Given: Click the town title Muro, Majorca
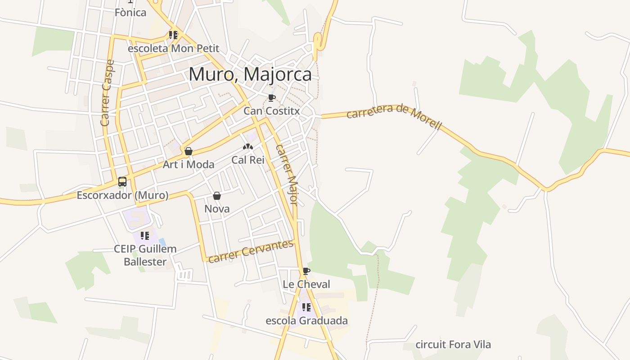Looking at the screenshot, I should click(x=250, y=74).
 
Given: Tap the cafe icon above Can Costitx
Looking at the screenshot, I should click(x=271, y=98).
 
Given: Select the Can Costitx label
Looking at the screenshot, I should click(x=272, y=111).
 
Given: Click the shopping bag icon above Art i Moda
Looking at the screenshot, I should click(x=189, y=151).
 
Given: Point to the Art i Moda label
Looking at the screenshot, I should click(x=189, y=164).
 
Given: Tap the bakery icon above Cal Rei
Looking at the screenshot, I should click(x=248, y=147).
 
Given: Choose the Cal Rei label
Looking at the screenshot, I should click(x=248, y=160).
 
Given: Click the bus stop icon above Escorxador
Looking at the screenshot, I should click(x=122, y=182).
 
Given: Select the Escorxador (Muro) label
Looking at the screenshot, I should click(x=122, y=195).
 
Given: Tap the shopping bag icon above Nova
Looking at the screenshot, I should click(x=217, y=196).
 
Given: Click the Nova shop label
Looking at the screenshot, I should click(x=217, y=209).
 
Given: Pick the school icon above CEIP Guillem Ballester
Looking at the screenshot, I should click(x=145, y=235).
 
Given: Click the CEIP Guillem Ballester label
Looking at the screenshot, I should click(x=145, y=255).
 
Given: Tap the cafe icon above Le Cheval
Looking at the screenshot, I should click(x=306, y=271).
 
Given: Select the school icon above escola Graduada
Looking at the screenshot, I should click(x=306, y=307).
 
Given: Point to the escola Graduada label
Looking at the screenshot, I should click(x=306, y=321).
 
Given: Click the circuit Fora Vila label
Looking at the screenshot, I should click(x=453, y=345).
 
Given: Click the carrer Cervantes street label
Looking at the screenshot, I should click(x=251, y=251).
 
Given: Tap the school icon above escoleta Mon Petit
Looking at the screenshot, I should click(x=173, y=35).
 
